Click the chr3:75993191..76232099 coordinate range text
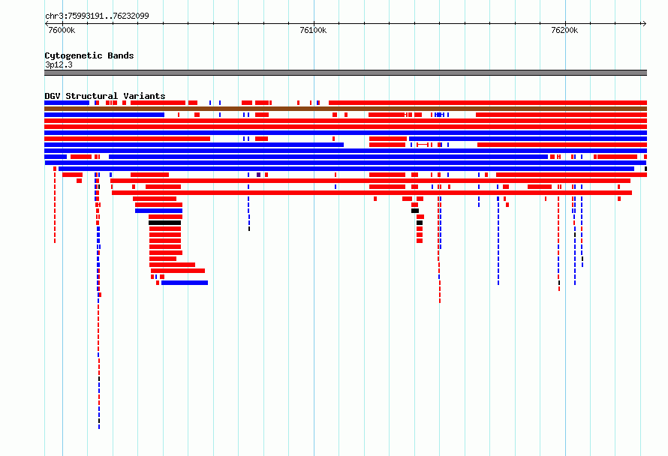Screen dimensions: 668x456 point(97,16)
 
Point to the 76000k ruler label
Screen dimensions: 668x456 point(62,30)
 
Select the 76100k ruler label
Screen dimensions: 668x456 point(313,30)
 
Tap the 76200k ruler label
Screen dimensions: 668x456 point(564,30)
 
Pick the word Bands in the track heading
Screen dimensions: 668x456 point(121,55)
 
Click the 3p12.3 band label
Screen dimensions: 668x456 point(59,64)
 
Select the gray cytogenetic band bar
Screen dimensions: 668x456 point(345,73)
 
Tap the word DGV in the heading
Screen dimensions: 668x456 point(53,96)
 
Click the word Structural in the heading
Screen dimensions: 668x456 point(92,96)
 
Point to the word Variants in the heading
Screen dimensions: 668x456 point(144,96)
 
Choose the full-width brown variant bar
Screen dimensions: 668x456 point(345,109)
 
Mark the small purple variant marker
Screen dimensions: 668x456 point(259,175)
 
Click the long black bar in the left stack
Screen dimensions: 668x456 point(165,223)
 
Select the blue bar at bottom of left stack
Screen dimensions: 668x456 point(185,283)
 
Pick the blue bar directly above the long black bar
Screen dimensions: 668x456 point(158,211)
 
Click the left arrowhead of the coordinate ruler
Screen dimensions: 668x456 point(47,24)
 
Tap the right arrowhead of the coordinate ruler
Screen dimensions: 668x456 point(645,24)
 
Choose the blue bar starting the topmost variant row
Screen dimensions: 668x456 point(67,103)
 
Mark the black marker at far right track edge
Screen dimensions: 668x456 point(645,169)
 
